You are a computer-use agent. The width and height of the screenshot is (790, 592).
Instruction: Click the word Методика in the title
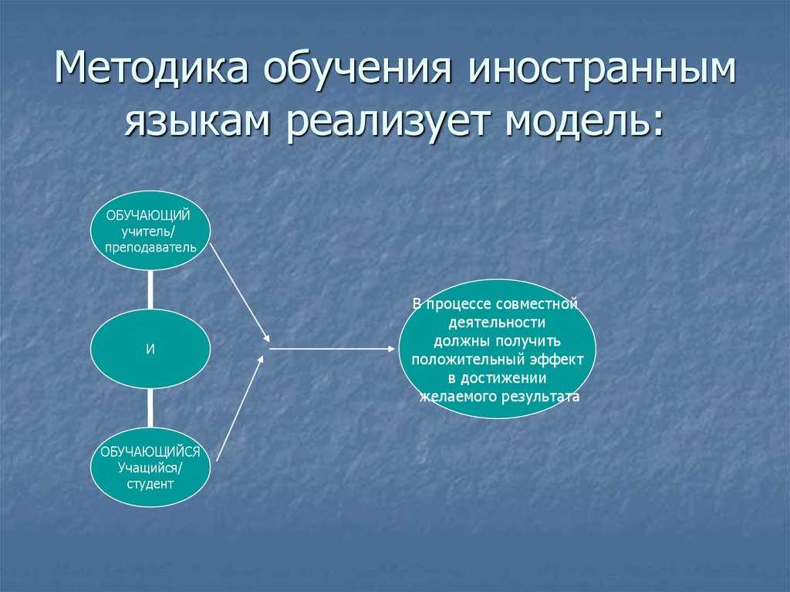point(150,67)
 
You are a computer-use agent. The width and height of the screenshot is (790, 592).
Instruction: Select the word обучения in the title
point(357,70)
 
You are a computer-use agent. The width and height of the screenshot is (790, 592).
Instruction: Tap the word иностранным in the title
point(602,70)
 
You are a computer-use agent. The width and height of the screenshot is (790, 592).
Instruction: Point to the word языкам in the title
point(197,123)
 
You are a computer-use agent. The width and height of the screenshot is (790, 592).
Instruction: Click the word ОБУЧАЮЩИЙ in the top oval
point(148,216)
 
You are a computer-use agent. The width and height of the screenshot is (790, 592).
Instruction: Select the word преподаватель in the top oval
point(150,248)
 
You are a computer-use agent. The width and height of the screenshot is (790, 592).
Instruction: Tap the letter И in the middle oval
point(150,350)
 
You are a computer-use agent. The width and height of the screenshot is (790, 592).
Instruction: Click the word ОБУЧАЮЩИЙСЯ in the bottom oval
point(150,452)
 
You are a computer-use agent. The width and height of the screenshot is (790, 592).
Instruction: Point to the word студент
point(150,484)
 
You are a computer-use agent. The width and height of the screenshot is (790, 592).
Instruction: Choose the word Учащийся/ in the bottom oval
point(150,468)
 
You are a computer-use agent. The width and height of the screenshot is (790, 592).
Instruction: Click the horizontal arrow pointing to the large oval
point(332,348)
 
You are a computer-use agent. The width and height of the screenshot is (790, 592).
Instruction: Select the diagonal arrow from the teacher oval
point(241,293)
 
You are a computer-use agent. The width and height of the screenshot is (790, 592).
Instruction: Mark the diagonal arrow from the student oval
point(240,408)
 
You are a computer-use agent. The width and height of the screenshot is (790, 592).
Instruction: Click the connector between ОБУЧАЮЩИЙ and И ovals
point(150,289)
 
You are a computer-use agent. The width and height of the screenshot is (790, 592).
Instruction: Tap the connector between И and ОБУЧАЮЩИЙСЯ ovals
point(150,408)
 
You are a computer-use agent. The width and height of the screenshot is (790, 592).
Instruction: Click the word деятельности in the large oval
point(497,322)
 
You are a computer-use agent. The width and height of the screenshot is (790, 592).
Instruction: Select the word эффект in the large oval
point(557,360)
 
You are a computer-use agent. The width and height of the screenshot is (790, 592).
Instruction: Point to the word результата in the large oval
point(540,397)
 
